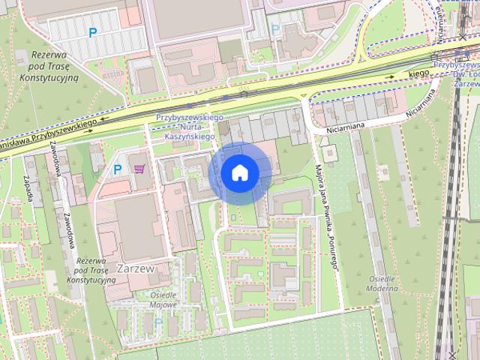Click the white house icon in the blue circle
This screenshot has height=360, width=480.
point(239,173)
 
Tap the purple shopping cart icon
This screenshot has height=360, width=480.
point(139,169)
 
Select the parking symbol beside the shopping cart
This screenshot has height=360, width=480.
point(117,170)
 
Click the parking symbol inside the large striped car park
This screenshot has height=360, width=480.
point(93,32)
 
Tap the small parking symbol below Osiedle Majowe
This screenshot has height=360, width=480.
point(157,322)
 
